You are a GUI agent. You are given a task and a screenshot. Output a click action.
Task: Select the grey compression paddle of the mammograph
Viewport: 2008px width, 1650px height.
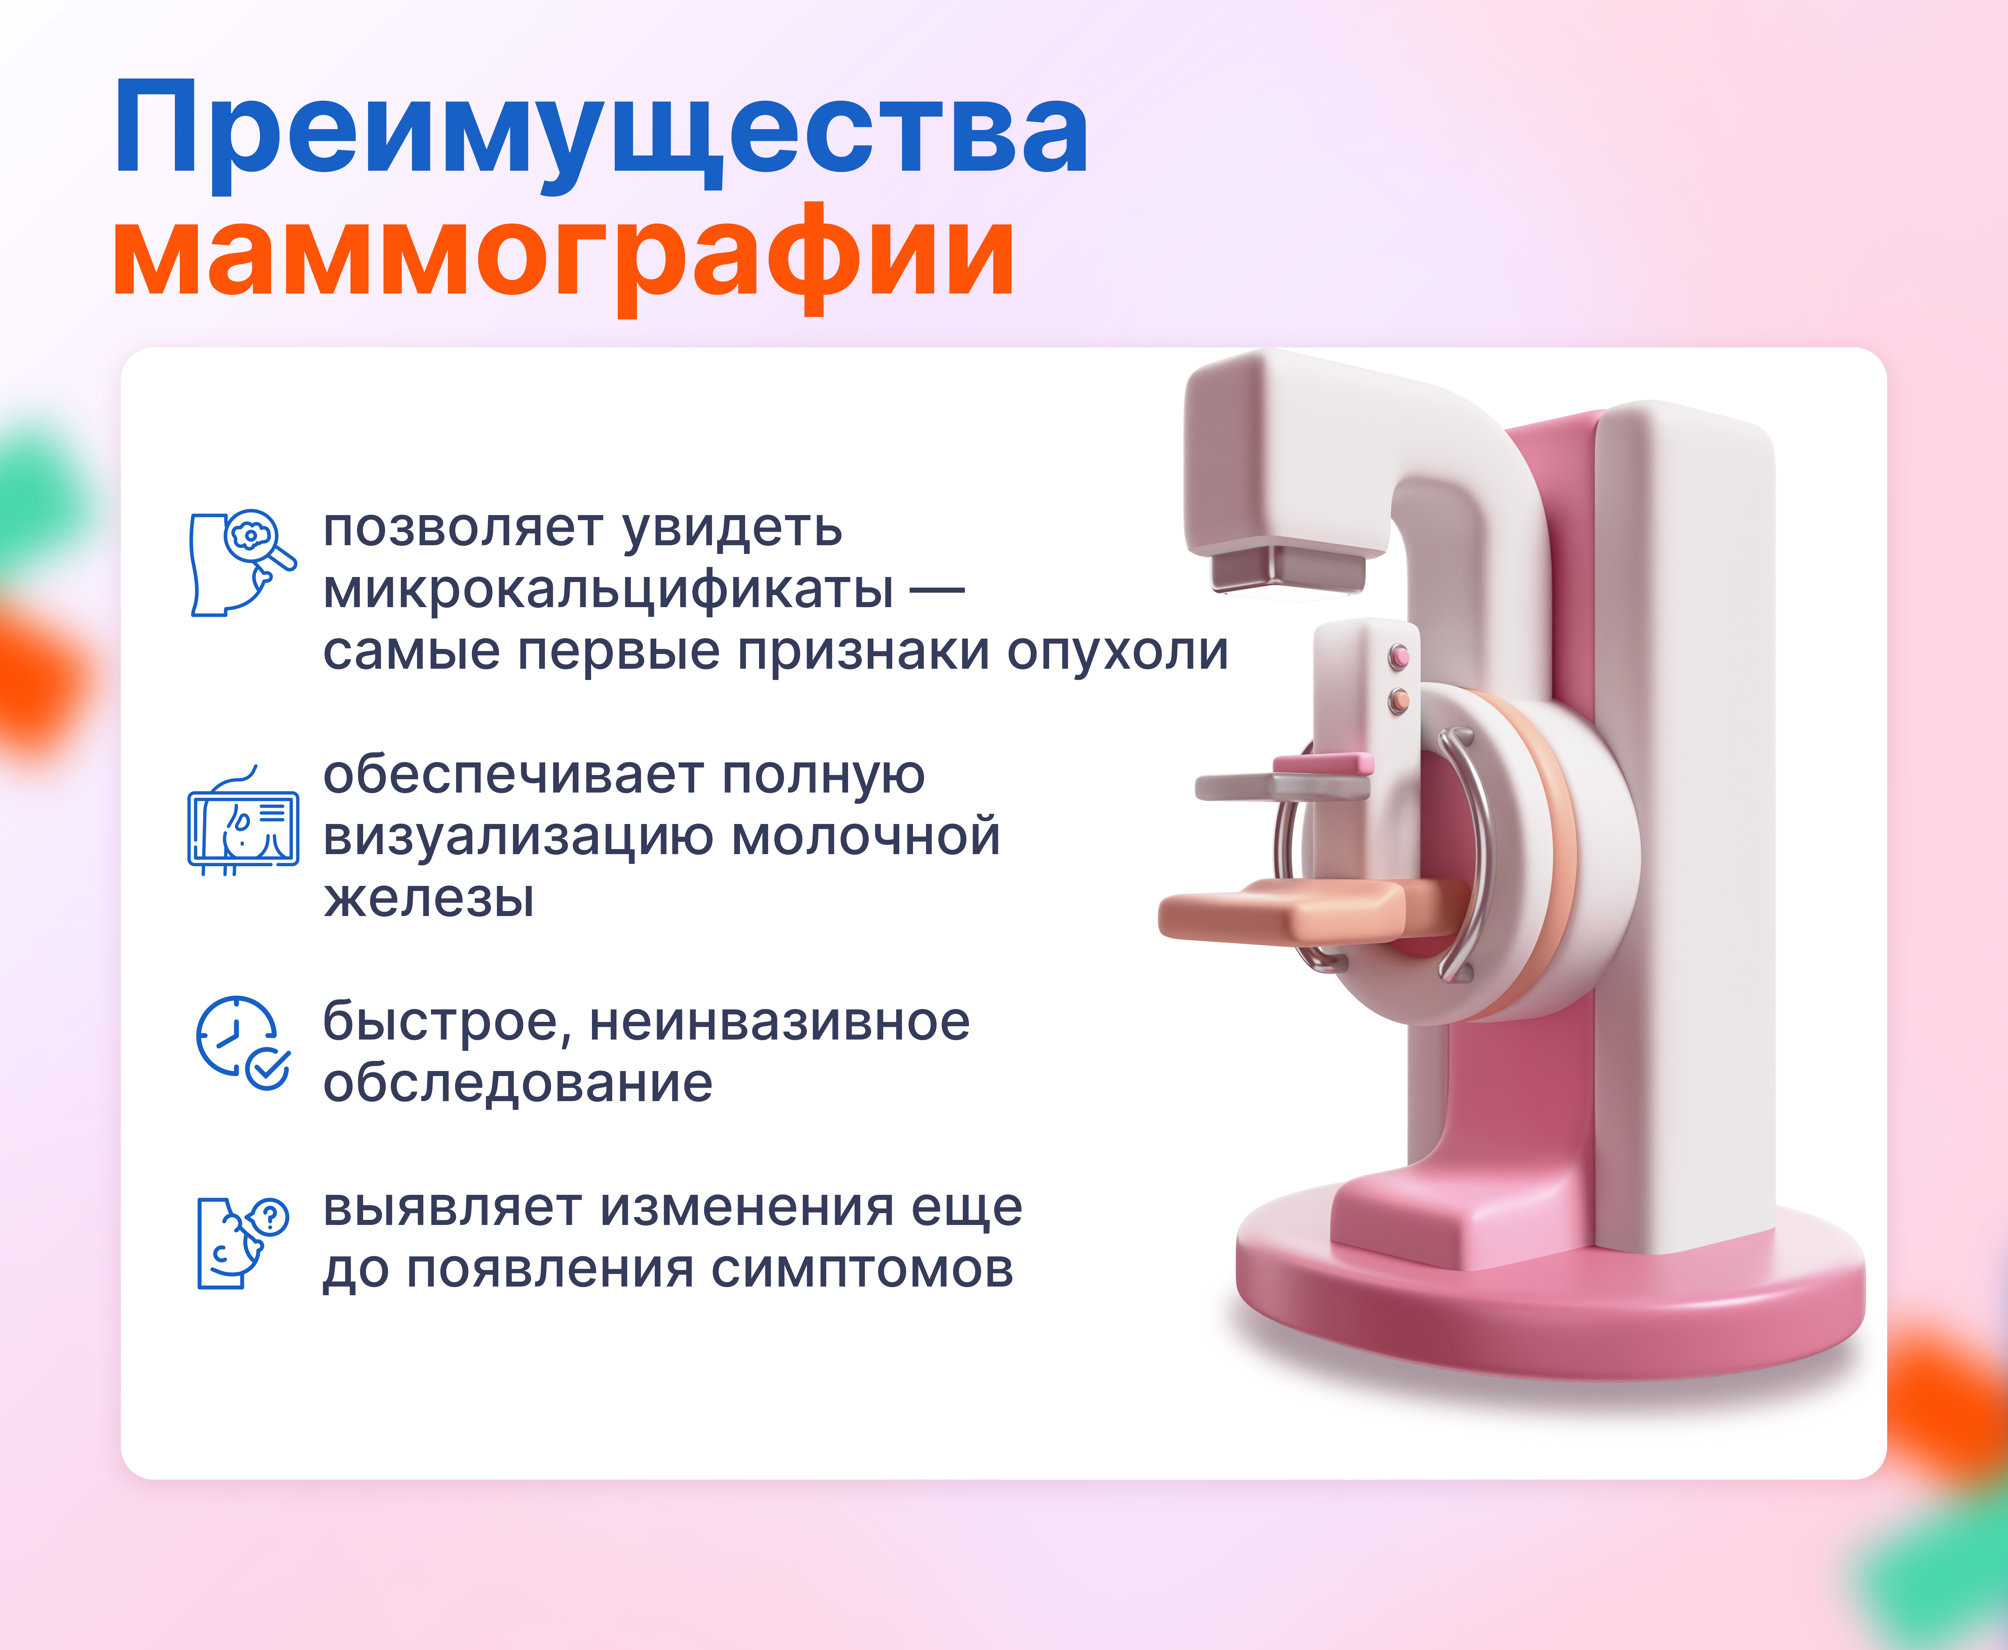[x=1283, y=785]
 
